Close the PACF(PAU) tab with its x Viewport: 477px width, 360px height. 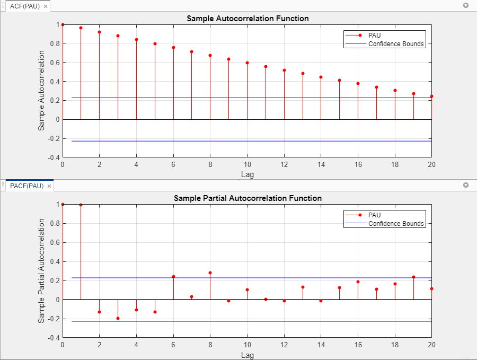(x=49, y=186)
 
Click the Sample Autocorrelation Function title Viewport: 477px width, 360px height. (x=248, y=19)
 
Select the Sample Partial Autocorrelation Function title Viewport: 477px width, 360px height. (x=248, y=198)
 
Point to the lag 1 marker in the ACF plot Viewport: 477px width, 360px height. (x=81, y=28)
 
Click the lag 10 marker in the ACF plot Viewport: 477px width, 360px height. (x=247, y=63)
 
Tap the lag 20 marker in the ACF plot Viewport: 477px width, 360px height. (x=431, y=96)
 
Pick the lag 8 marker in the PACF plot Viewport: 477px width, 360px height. (x=210, y=273)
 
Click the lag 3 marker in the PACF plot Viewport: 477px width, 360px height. (x=118, y=319)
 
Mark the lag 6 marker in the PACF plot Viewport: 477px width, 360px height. (x=173, y=276)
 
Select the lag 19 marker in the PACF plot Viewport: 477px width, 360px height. (x=413, y=277)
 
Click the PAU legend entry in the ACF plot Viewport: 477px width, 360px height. (x=374, y=35)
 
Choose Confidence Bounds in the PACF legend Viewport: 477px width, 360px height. (x=396, y=224)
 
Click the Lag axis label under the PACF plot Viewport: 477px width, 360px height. (x=248, y=354)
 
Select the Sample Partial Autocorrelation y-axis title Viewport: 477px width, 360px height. (x=41, y=270)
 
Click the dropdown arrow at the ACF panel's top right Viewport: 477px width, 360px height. (x=466, y=6)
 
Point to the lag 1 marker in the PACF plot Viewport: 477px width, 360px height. (x=81, y=205)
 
